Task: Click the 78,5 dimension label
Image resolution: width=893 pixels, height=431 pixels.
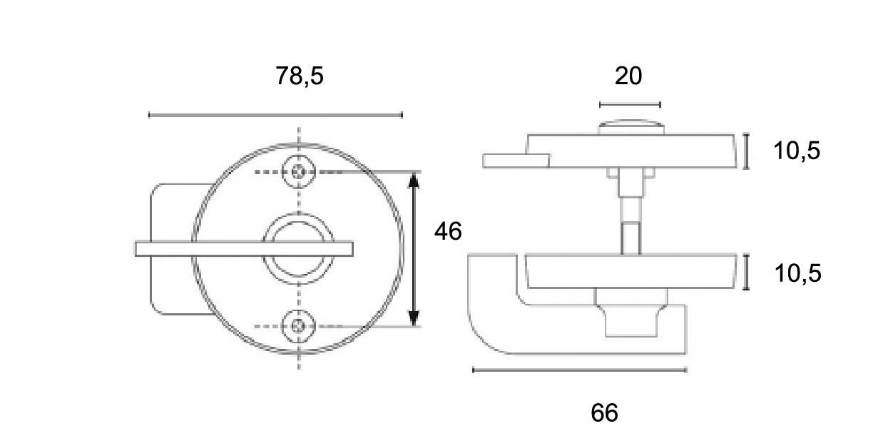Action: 300,76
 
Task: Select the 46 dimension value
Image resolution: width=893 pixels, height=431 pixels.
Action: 448,231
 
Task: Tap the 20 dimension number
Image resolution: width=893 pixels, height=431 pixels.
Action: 628,76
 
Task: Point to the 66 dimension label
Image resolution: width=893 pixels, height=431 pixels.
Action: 604,412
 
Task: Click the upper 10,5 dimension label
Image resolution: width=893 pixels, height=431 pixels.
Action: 797,151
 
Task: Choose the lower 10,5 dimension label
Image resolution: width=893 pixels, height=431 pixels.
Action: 797,273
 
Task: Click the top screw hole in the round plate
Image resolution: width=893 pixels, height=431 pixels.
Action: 299,172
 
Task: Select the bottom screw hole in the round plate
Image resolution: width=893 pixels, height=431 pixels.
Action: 298,326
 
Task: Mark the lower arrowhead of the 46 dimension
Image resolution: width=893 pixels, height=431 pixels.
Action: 414,318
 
